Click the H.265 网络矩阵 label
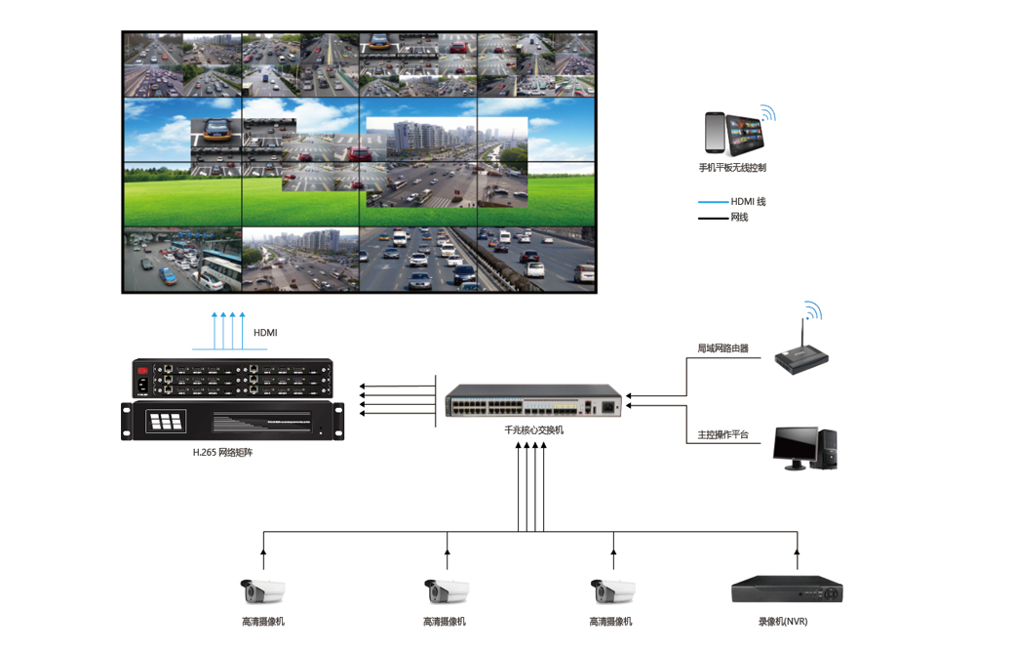tap(222, 452)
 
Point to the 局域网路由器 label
tap(722, 348)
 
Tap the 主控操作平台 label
tap(722, 434)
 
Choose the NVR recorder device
tap(787, 590)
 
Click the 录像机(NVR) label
tap(783, 622)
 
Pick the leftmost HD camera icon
tap(263, 590)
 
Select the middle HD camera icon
tap(447, 590)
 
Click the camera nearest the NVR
tap(613, 590)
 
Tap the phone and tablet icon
tap(733, 133)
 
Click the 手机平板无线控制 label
tap(732, 168)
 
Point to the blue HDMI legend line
tap(713, 202)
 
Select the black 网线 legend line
tap(713, 218)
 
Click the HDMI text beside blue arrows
tap(265, 333)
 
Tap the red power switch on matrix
tap(143, 371)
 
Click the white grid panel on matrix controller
tap(165, 421)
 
